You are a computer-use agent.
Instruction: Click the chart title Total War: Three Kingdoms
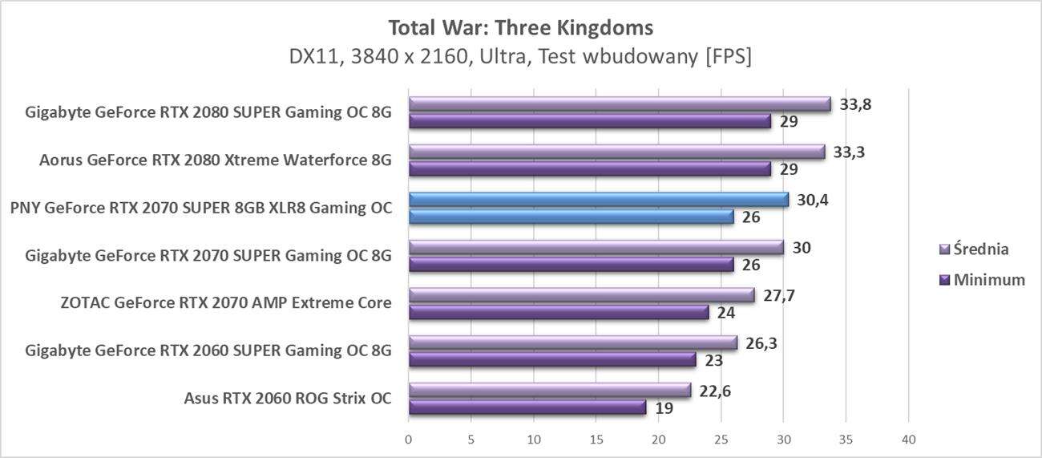(520, 28)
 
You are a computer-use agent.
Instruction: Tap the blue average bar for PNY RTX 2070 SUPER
(598, 199)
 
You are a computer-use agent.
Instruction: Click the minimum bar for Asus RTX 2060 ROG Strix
(527, 407)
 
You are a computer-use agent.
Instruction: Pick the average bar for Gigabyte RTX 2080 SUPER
(619, 103)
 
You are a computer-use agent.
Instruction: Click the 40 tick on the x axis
(907, 440)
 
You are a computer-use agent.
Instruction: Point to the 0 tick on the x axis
(409, 440)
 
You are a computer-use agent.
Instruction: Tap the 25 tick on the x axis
(721, 440)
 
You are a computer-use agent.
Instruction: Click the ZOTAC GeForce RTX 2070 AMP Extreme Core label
(225, 303)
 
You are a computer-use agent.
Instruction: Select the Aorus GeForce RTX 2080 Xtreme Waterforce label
(215, 160)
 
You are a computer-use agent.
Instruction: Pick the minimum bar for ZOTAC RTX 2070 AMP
(558, 312)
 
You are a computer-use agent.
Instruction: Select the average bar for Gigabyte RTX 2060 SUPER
(572, 342)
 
